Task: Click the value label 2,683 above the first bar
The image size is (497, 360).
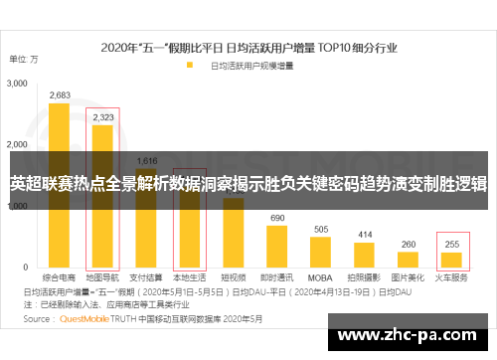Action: point(59,95)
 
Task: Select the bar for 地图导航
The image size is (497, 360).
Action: point(102,189)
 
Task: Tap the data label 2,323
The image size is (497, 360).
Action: point(102,117)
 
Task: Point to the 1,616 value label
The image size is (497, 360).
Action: point(146,160)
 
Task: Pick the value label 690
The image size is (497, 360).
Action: point(277,218)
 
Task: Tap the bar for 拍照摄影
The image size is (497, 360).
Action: point(365,256)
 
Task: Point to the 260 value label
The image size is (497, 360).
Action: point(409,244)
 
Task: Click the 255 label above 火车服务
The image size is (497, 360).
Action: point(452,244)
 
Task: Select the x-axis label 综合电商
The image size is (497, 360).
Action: point(59,278)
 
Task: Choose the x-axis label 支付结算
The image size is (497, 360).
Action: point(146,278)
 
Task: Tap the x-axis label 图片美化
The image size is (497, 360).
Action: point(409,278)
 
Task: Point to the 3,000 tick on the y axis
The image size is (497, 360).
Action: point(17,86)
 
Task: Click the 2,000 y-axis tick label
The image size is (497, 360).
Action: point(17,146)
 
